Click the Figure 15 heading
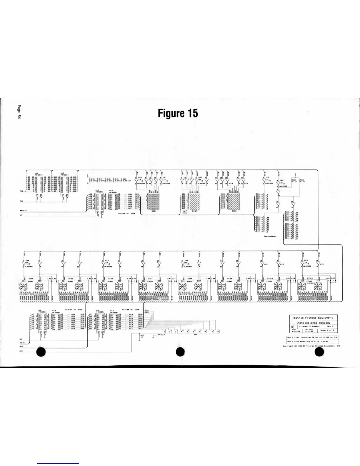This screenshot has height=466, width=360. (178, 113)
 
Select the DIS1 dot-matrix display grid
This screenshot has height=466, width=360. (153, 201)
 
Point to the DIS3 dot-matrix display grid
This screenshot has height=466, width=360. (234, 201)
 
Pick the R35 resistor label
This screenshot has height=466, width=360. (294, 180)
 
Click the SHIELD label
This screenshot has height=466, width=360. (161, 335)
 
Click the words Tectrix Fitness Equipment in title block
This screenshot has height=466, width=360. (312, 318)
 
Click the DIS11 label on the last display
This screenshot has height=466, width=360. (310, 278)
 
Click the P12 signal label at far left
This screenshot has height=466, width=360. (21, 191)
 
